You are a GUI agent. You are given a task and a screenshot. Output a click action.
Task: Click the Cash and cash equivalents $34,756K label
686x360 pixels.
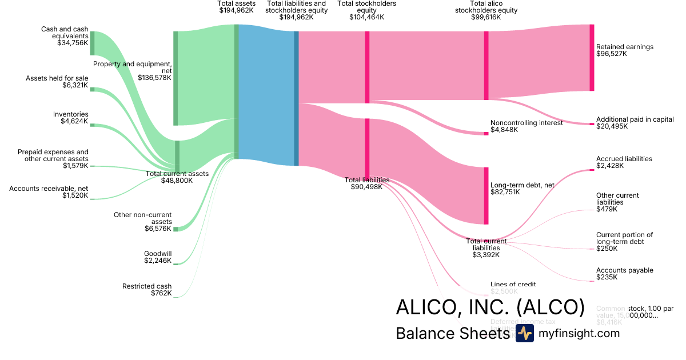click(65, 35)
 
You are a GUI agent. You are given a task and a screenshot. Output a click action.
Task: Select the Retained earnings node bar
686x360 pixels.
click(592, 57)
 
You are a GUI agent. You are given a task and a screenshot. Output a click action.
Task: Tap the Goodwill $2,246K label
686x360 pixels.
click(158, 257)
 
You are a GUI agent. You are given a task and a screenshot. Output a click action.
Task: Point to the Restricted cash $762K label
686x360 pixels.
click(147, 290)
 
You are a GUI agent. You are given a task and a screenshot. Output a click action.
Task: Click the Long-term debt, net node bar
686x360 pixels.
click(486, 195)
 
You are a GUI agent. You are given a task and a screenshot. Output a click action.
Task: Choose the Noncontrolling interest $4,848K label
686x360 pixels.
click(527, 126)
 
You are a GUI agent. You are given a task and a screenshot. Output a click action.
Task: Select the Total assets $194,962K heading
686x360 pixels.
click(236, 7)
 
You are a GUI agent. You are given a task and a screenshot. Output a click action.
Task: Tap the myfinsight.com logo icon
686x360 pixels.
click(524, 334)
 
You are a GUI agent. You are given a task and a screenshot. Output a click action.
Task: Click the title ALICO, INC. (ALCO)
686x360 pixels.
click(490, 308)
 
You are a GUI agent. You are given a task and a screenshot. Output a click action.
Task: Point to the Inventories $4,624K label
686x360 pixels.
click(71, 118)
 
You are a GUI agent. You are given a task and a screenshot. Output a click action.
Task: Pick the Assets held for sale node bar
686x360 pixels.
click(92, 89)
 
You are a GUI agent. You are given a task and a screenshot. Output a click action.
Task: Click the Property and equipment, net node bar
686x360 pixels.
click(176, 78)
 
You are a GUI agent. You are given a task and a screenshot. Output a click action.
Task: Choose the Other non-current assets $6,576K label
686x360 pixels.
click(151, 222)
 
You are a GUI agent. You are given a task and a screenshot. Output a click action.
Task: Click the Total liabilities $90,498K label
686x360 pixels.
click(366, 183)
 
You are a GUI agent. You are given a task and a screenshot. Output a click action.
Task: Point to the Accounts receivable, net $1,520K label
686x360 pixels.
click(49, 191)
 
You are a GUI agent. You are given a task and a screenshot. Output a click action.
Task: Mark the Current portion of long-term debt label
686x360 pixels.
click(624, 238)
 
